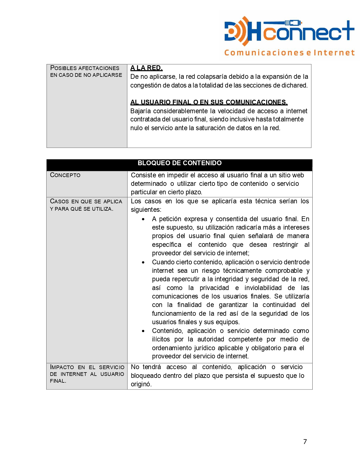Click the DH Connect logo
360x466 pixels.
tap(289, 31)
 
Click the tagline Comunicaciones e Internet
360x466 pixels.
tap(289, 53)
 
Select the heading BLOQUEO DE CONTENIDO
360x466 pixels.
tap(179, 163)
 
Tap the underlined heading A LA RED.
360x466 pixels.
tap(146, 68)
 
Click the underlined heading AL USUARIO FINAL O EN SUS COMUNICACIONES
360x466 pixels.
tap(209, 102)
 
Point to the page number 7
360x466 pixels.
tap(305, 442)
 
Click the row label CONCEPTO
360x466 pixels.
tap(65, 175)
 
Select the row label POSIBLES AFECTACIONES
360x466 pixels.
tap(85, 68)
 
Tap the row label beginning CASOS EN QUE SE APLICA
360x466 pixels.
tap(86, 201)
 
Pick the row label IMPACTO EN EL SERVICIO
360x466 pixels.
tap(87, 367)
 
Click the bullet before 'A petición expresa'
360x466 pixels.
tap(144, 219)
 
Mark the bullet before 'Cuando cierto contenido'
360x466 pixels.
tap(144, 262)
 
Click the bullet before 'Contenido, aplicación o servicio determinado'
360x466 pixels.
tap(144, 331)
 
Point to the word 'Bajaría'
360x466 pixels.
tap(141, 111)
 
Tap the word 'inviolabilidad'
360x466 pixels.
tap(263, 288)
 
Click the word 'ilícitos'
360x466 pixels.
tap(161, 339)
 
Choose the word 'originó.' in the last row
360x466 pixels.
tap(141, 384)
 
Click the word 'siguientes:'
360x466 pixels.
tap(146, 210)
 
